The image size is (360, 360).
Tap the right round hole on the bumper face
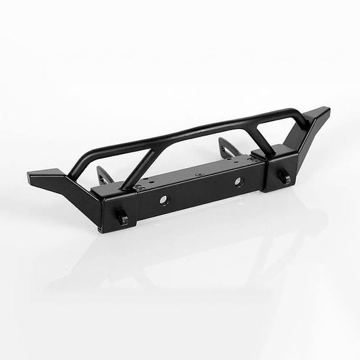click(x=237, y=182)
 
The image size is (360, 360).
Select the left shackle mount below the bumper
click(x=123, y=217)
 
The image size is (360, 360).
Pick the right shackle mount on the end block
click(x=285, y=178)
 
